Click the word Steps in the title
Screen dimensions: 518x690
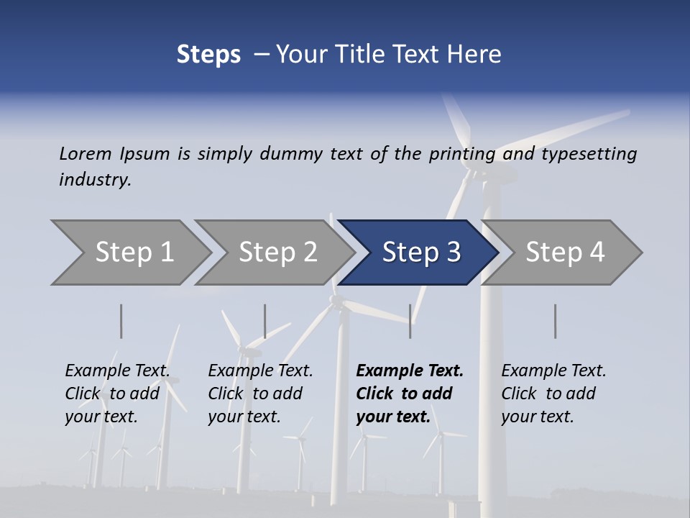click(208, 55)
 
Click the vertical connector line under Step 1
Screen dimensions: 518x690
click(121, 321)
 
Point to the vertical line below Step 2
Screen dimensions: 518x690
click(265, 321)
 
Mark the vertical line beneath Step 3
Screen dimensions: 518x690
click(410, 321)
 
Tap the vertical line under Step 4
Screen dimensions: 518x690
click(556, 321)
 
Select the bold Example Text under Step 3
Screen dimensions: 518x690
click(410, 393)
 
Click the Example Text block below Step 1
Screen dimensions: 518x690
click(117, 393)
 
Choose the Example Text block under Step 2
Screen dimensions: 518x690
click(260, 393)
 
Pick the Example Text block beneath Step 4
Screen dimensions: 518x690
click(553, 393)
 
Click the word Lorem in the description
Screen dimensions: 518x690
click(86, 153)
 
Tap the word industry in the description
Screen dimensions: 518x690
click(95, 180)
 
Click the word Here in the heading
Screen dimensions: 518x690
click(474, 55)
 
